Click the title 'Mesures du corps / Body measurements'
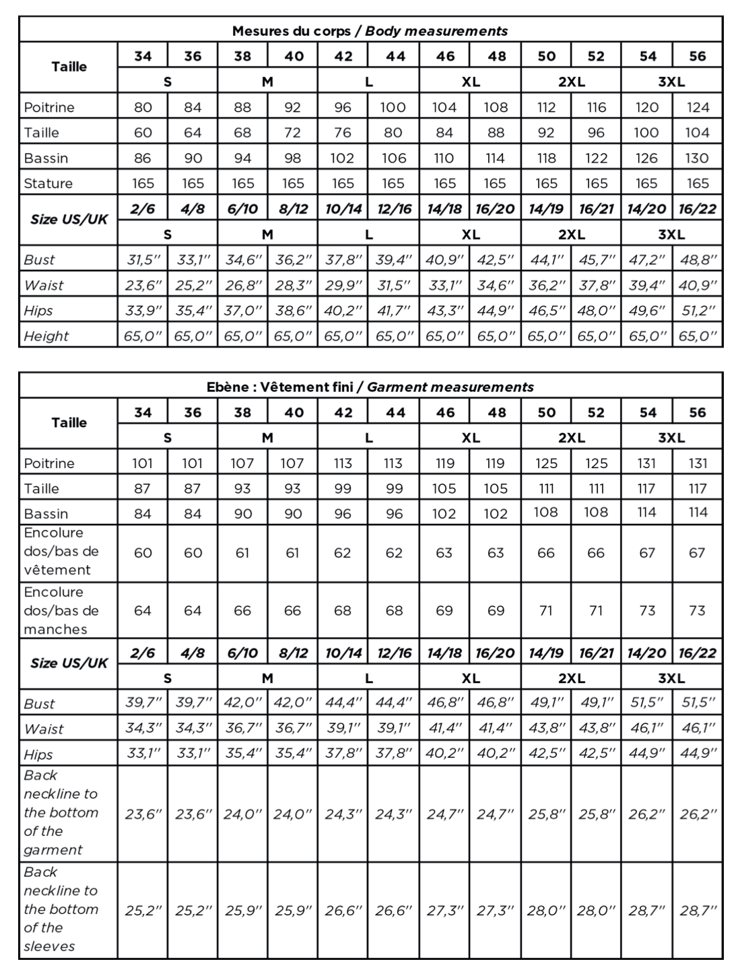[x=370, y=31]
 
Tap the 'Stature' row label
[x=48, y=183]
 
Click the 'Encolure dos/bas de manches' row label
[x=61, y=610]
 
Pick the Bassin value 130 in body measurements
[x=697, y=158]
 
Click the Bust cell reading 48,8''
[x=698, y=260]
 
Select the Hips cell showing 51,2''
[x=698, y=311]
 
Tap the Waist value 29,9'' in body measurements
[x=343, y=286]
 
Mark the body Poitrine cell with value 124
[x=697, y=107]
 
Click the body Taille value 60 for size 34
[x=143, y=133]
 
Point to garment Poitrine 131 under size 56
[x=697, y=463]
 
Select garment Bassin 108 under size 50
[x=546, y=513]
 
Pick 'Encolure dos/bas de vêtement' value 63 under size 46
[x=444, y=553]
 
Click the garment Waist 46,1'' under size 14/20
[x=646, y=728]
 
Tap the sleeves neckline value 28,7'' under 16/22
[x=698, y=911]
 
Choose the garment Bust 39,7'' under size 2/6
[x=143, y=703]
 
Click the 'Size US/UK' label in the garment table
[x=69, y=663]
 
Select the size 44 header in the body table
[x=395, y=56]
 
